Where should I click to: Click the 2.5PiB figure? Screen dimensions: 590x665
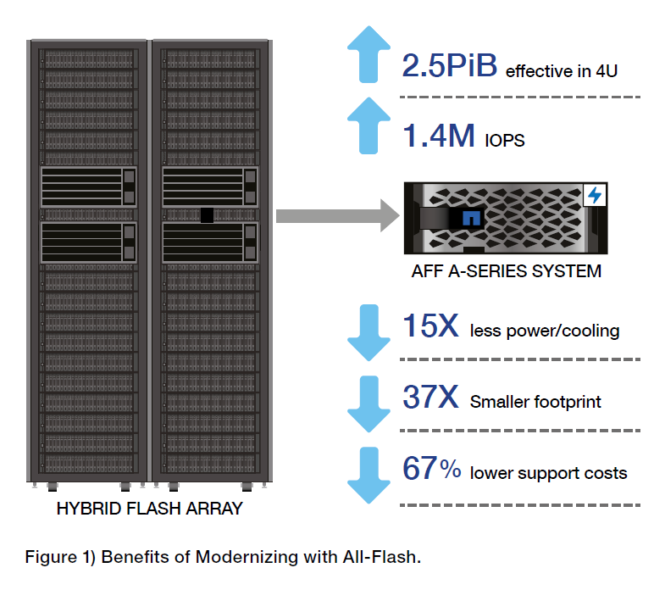(x=449, y=66)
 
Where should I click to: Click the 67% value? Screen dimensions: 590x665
(x=431, y=470)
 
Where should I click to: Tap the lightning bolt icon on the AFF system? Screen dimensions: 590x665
(x=596, y=196)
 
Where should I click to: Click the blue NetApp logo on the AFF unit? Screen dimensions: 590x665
(x=471, y=218)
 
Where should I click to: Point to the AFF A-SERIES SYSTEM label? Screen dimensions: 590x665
(x=507, y=272)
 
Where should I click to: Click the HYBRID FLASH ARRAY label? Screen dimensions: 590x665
(x=149, y=509)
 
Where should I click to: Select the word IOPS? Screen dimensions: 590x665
(x=506, y=141)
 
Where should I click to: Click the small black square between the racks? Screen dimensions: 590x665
(x=207, y=215)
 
